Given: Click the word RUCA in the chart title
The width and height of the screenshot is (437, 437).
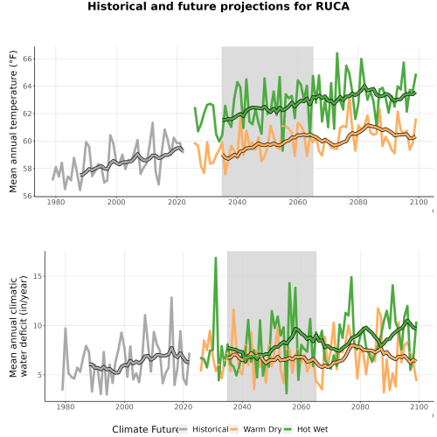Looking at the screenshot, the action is pyautogui.click(x=333, y=6).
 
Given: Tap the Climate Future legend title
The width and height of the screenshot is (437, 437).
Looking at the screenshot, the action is pyautogui.click(x=145, y=429).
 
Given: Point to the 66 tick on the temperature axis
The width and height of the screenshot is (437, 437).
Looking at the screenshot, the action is pyautogui.click(x=27, y=59).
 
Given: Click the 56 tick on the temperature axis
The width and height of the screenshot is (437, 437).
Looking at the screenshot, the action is pyautogui.click(x=27, y=196).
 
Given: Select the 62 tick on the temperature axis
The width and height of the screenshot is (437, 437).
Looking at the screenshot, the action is pyautogui.click(x=27, y=114).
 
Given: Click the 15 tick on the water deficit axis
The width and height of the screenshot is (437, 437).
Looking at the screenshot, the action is pyautogui.click(x=38, y=276).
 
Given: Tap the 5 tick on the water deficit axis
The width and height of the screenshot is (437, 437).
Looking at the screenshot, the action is pyautogui.click(x=40, y=375).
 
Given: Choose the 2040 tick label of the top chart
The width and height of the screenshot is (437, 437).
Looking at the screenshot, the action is pyautogui.click(x=237, y=202).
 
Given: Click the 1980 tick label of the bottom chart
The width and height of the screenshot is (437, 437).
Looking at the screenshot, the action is pyautogui.click(x=65, y=406).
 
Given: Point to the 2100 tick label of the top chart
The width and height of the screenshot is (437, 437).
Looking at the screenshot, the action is pyautogui.click(x=419, y=202).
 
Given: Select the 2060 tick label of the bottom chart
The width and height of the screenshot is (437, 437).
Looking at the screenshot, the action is pyautogui.click(x=301, y=406).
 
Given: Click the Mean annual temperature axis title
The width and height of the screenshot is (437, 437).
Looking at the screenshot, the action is pyautogui.click(x=13, y=121).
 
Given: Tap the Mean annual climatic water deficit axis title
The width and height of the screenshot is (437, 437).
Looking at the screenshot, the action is pyautogui.click(x=18, y=326).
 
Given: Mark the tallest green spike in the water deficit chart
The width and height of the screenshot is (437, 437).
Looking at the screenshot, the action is pyautogui.click(x=216, y=258).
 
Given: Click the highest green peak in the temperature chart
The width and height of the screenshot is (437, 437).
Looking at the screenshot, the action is pyautogui.click(x=337, y=53).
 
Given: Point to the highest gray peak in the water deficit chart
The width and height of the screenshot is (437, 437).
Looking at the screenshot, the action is pyautogui.click(x=171, y=297).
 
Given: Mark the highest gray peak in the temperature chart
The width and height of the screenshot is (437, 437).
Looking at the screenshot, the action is pyautogui.click(x=152, y=123).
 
